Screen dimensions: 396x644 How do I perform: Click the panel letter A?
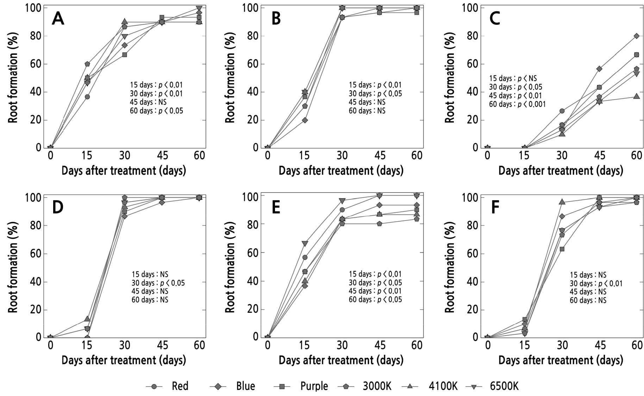pos(58,19)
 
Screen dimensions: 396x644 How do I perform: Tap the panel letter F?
pos(495,208)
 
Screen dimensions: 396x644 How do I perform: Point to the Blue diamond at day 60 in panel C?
pos(637,36)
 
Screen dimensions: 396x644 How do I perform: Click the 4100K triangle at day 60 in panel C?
pos(637,96)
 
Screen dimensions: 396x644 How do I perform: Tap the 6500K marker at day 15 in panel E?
pos(305,244)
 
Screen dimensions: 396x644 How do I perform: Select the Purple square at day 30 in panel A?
pos(125,55)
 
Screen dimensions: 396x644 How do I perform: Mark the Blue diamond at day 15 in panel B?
pos(305,120)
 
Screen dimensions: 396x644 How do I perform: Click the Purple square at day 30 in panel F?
pos(562,249)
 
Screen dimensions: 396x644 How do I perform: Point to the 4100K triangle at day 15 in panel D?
pos(87,319)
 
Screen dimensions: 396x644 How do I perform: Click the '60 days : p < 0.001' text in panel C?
pos(517,104)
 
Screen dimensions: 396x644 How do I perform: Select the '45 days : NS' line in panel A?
pos(148,102)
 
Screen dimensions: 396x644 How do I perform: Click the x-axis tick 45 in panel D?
pos(162,345)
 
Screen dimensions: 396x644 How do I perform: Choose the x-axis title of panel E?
pos(341,360)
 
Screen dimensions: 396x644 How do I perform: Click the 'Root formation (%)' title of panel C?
pos(450,78)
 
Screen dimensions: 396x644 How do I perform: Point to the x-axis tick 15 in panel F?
pos(525,345)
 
